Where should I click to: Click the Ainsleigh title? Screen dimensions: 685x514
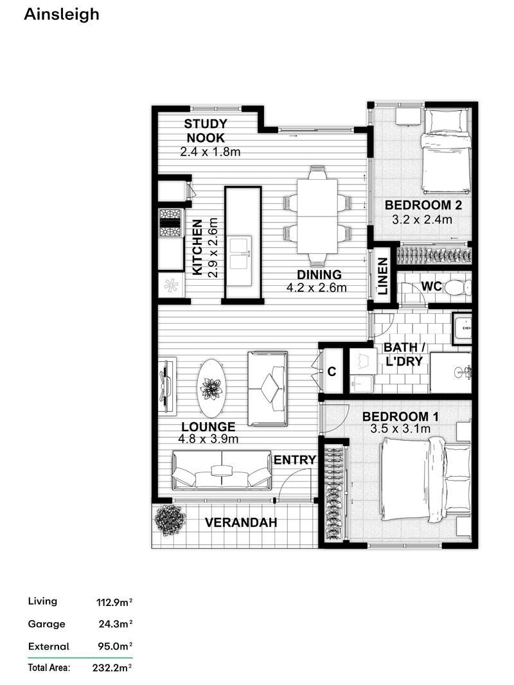62,14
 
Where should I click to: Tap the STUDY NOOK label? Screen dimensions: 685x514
205,130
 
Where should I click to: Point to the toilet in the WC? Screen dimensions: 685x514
456,287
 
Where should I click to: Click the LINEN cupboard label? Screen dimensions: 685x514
383,276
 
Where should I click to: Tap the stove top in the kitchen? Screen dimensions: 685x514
171,222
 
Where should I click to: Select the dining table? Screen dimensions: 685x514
317,215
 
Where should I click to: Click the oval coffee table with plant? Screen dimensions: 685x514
211,388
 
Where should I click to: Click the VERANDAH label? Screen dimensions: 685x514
241,523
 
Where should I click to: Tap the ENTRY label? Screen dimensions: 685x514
295,460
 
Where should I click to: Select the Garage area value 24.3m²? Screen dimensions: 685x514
114,624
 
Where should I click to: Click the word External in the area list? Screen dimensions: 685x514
48,646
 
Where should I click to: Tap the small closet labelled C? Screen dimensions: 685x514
332,371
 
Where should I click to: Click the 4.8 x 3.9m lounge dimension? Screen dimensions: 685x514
209,440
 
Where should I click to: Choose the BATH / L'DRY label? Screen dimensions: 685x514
403,354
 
